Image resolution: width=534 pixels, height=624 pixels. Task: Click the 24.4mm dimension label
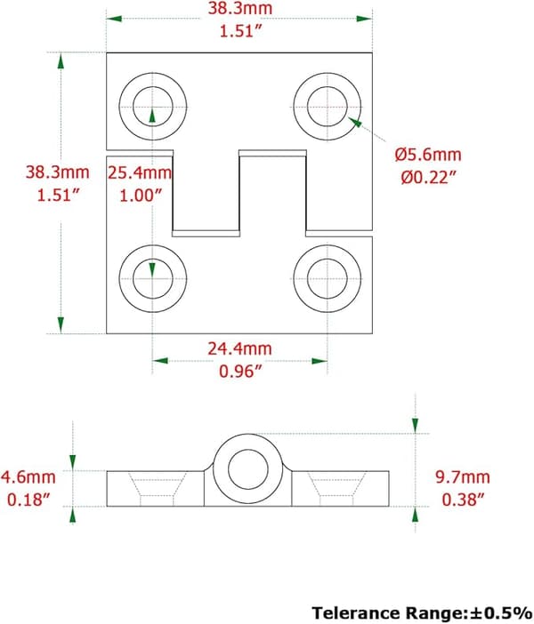[239, 348]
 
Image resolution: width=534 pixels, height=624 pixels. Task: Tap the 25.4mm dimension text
[140, 172]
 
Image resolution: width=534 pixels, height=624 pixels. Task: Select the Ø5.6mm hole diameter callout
[428, 155]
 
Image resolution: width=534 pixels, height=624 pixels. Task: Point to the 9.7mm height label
[462, 476]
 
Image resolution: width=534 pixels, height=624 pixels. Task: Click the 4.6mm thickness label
[28, 476]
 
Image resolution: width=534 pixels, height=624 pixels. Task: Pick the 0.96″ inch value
[240, 372]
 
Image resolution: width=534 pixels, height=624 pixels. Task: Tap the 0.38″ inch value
[463, 500]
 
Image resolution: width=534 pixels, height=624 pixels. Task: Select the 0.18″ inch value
[28, 500]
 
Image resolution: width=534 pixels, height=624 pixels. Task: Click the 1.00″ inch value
[142, 196]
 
